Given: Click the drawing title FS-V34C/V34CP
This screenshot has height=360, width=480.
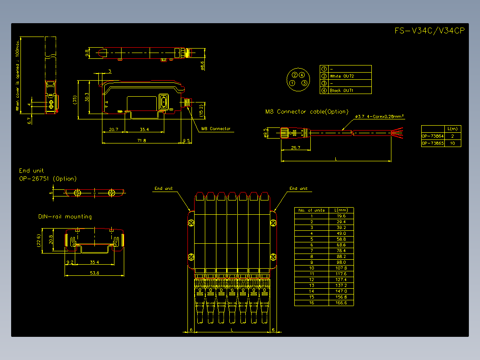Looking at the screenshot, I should pyautogui.click(x=429, y=31).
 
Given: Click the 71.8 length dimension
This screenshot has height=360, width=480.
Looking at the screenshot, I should pyautogui.click(x=141, y=140).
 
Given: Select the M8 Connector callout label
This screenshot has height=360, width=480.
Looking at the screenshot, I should pyautogui.click(x=216, y=129).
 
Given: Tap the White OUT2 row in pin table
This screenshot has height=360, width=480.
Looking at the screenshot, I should pyautogui.click(x=342, y=76).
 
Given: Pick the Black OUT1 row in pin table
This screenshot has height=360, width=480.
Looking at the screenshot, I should pyautogui.click(x=342, y=90).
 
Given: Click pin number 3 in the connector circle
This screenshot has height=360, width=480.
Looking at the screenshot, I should pyautogui.click(x=304, y=83).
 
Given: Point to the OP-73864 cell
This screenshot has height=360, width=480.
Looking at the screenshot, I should pyautogui.click(x=432, y=136).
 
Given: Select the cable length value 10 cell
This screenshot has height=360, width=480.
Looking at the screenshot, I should pyautogui.click(x=452, y=143).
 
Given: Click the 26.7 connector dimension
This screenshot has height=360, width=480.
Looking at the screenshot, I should pyautogui.click(x=295, y=147).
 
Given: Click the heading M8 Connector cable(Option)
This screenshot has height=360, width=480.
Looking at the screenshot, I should pyautogui.click(x=307, y=112).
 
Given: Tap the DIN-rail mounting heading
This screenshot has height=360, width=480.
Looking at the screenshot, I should pyautogui.click(x=65, y=217).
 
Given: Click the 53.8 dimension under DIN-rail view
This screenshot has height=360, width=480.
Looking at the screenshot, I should pyautogui.click(x=94, y=272).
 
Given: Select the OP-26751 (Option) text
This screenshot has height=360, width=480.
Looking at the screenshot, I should pyautogui.click(x=48, y=179).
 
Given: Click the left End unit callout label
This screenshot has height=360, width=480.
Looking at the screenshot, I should pyautogui.click(x=163, y=188).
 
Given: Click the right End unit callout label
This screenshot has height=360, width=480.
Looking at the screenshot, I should pyautogui.click(x=298, y=188).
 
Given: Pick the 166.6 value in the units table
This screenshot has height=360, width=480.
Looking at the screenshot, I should pyautogui.click(x=342, y=303).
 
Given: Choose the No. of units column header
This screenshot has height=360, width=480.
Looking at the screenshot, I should pyautogui.click(x=311, y=210).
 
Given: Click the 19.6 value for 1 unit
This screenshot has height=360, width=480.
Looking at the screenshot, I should pyautogui.click(x=342, y=216).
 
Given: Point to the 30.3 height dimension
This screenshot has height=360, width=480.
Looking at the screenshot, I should pyautogui.click(x=87, y=97).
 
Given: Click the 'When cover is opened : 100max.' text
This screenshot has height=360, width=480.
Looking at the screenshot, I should pyautogui.click(x=18, y=75).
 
